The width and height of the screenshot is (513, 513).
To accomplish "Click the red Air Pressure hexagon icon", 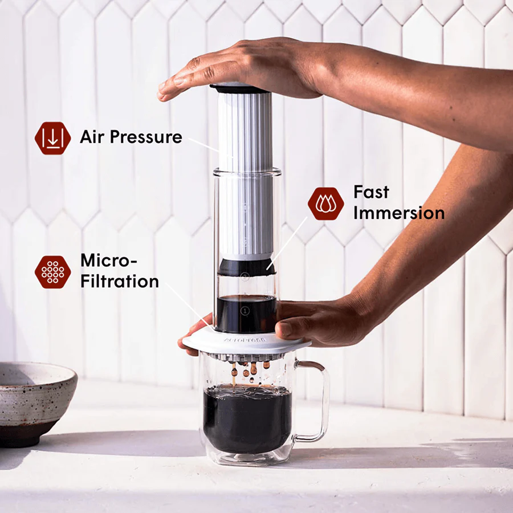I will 52,138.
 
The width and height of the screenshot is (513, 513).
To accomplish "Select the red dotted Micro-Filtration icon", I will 52,272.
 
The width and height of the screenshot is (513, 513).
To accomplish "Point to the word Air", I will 91,137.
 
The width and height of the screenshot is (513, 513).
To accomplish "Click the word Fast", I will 371,192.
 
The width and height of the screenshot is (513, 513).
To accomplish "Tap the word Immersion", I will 398,213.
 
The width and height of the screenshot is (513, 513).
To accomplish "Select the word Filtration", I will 119,281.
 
